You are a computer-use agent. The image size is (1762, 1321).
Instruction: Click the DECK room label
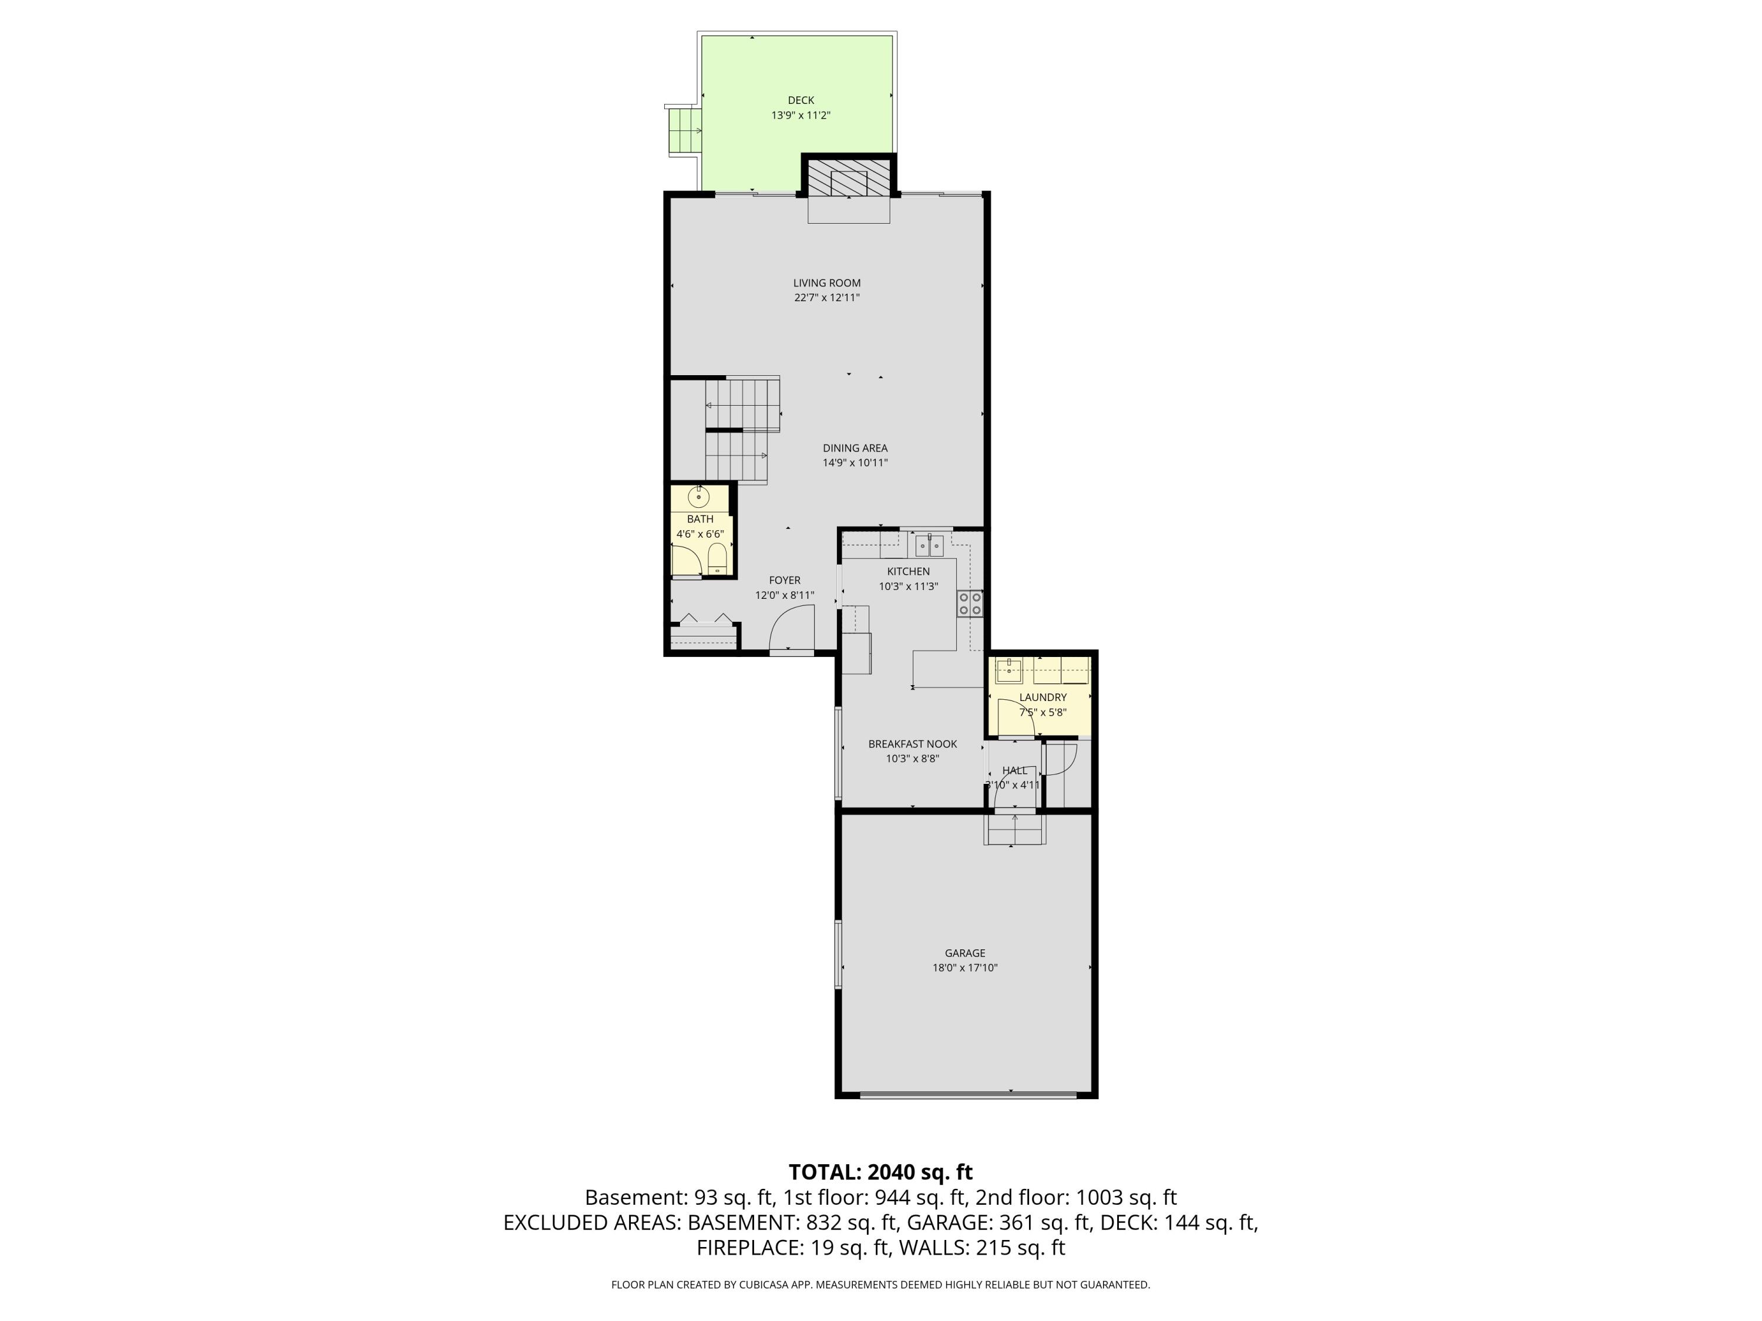click(x=801, y=100)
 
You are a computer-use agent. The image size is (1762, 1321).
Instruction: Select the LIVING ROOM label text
click(x=827, y=282)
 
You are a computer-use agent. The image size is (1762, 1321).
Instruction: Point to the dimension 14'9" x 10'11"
click(x=855, y=463)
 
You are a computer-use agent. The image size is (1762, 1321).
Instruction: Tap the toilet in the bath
click(x=717, y=557)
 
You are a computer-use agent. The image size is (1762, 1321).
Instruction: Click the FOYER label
click(x=785, y=581)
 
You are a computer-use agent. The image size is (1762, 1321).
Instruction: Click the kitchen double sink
click(x=929, y=546)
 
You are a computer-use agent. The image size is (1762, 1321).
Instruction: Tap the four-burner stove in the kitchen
click(x=970, y=603)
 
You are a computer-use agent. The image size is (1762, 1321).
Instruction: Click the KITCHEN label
click(x=908, y=571)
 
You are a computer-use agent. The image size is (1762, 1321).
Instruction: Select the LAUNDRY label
click(x=1043, y=697)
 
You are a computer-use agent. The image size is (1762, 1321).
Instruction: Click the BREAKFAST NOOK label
click(x=912, y=744)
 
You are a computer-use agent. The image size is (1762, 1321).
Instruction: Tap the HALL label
click(x=1015, y=770)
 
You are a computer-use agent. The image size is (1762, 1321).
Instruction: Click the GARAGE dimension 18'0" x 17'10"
click(x=964, y=968)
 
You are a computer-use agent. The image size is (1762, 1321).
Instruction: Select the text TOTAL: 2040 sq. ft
click(x=880, y=1172)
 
